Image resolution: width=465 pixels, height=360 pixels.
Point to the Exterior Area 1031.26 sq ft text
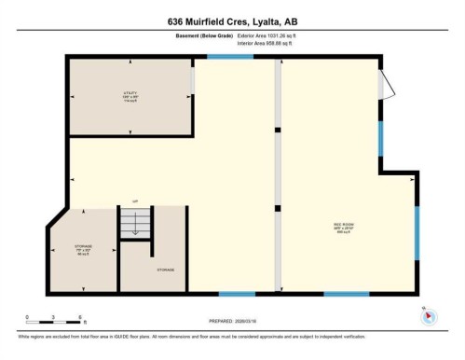tap(272, 35)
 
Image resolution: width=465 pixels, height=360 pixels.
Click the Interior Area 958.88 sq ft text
tap(271, 42)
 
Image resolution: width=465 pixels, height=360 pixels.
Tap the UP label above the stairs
tap(134, 201)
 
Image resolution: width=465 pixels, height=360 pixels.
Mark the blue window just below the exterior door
tap(379, 138)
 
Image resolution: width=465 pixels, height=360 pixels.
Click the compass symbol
tap(429, 315)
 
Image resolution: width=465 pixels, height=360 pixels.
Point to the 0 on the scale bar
tap(28, 316)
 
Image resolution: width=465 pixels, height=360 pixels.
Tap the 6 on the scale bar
tap(81, 316)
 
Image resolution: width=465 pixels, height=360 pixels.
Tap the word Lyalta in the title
tap(270, 21)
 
